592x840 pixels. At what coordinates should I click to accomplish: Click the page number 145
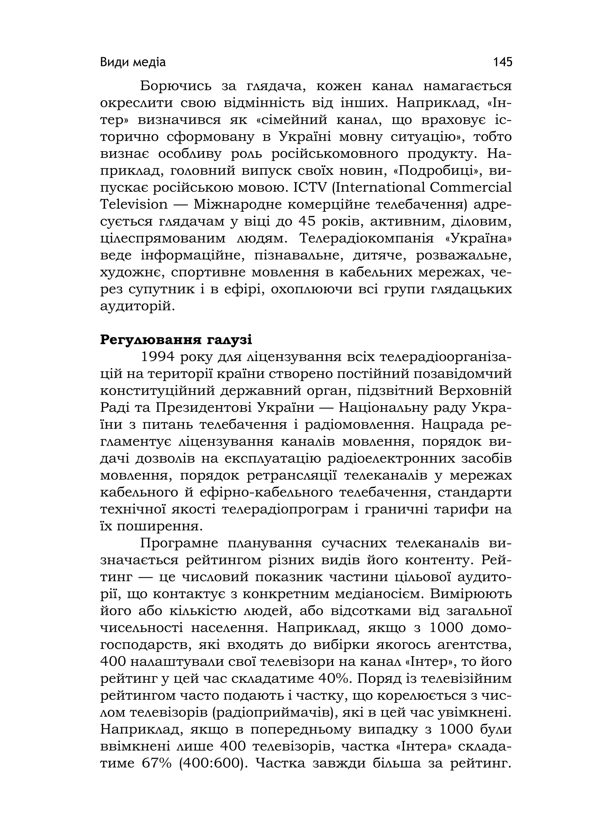[502, 62]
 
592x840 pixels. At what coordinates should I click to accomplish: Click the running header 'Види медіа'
[133, 62]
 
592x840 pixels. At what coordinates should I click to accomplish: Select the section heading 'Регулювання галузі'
[176, 340]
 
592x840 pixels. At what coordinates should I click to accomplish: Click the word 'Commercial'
[471, 187]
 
